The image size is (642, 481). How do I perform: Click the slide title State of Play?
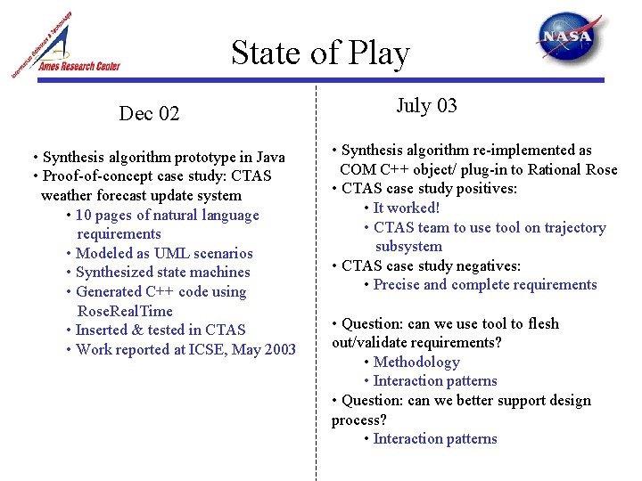[x=320, y=53]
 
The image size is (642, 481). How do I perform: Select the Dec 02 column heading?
[x=149, y=113]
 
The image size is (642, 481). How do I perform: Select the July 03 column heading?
[x=426, y=106]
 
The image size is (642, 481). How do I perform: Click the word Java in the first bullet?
[x=268, y=157]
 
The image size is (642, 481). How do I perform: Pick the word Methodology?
[x=416, y=362]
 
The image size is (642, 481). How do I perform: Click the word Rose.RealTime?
[x=125, y=311]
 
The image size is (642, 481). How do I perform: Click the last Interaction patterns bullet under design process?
[x=435, y=438]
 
